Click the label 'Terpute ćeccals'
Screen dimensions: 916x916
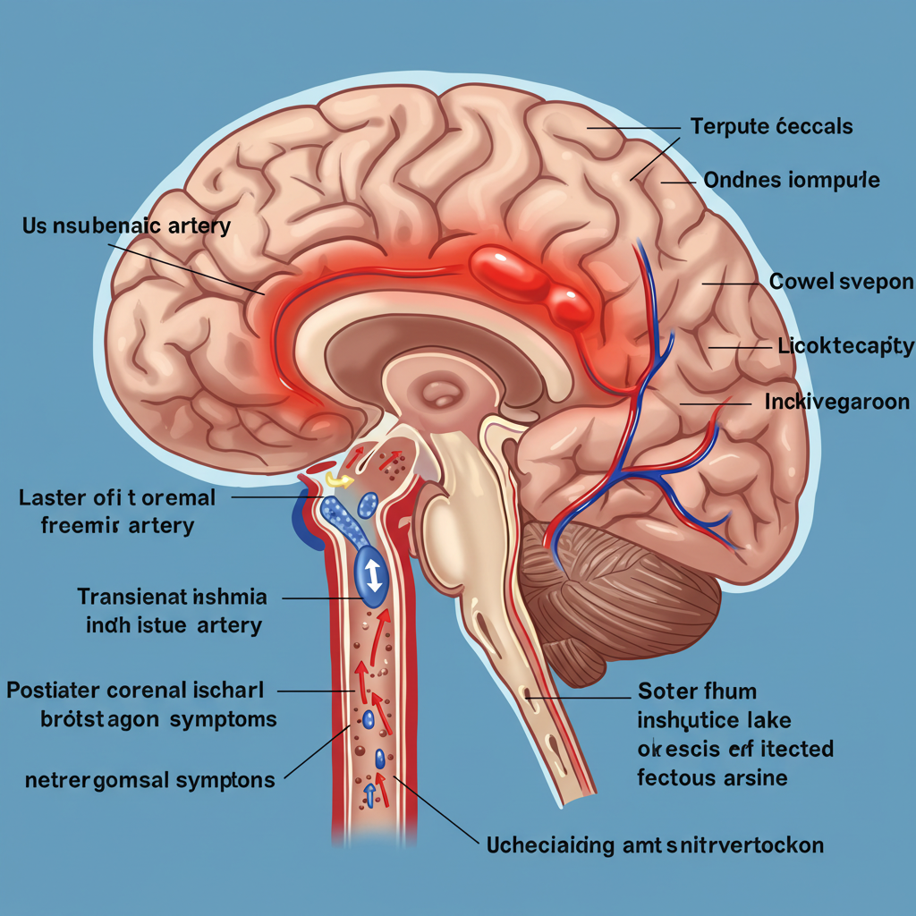(x=772, y=126)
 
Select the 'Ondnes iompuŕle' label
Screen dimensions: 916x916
(x=792, y=181)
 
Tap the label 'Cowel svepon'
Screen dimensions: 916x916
(x=841, y=283)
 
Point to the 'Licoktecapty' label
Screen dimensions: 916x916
(x=845, y=346)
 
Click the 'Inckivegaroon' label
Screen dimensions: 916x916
(x=836, y=403)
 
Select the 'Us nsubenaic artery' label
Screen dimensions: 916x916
(x=126, y=225)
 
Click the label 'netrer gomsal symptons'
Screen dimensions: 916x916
(x=149, y=780)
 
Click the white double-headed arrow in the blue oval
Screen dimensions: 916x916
(x=373, y=573)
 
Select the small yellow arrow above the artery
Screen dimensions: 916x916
(x=338, y=480)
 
